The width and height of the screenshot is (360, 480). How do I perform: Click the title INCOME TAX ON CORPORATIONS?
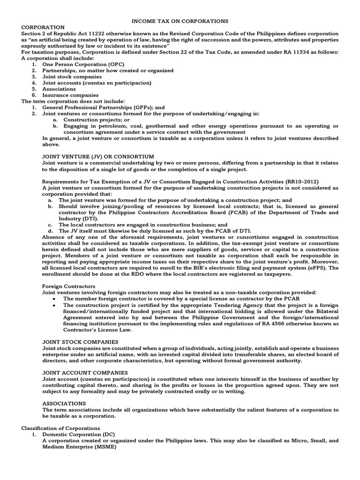point(180,21)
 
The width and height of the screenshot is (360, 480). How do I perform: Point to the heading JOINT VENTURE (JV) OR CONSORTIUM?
point(98,156)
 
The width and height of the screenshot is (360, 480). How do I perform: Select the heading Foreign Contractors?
point(68,285)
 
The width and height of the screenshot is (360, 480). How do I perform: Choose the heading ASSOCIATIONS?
point(64,403)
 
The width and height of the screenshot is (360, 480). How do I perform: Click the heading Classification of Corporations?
point(60,428)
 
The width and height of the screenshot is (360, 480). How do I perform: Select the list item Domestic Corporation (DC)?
point(82,434)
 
